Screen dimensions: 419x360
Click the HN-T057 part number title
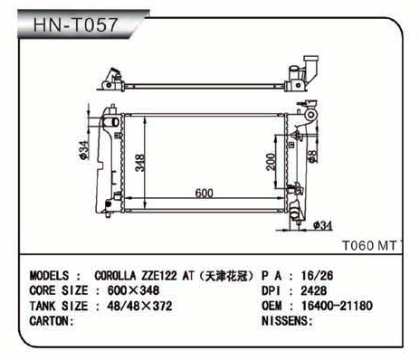[75, 24]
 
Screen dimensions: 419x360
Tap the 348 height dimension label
[140, 163]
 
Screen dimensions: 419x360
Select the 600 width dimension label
[205, 193]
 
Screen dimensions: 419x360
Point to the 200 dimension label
[271, 162]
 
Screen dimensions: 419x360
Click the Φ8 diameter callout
[312, 156]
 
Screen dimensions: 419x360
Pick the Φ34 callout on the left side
[83, 150]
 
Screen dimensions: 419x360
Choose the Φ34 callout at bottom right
[323, 225]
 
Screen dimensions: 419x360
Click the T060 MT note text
[369, 246]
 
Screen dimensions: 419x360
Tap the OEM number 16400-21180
[337, 306]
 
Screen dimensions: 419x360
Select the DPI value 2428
[313, 290]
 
